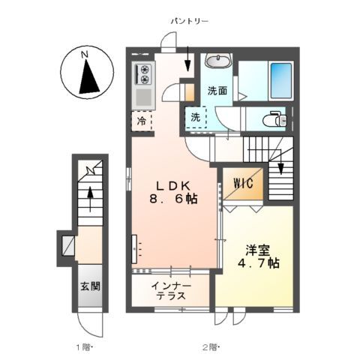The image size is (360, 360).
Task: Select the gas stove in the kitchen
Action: tap(142, 73)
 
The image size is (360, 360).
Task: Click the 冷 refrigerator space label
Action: tap(141, 120)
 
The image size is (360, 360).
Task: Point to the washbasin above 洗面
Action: tap(217, 61)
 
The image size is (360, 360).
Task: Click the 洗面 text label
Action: tap(217, 92)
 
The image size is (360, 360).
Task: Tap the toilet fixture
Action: tap(273, 118)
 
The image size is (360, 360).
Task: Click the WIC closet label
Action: tap(242, 182)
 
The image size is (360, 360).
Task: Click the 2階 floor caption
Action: tap(209, 346)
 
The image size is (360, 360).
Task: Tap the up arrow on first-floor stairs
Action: tap(90, 199)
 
